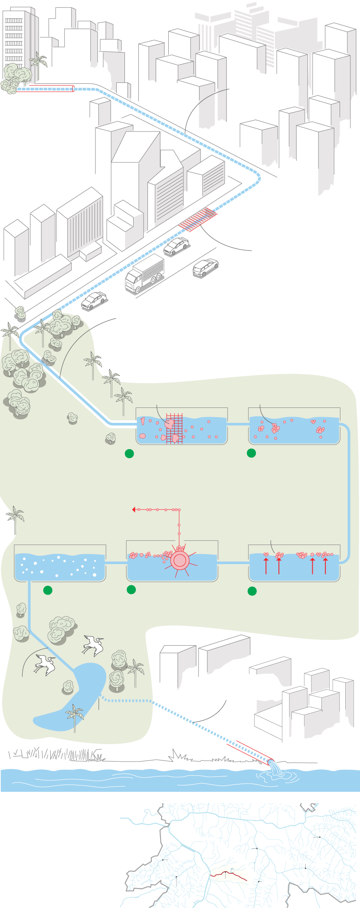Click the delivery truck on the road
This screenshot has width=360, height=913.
point(145,273)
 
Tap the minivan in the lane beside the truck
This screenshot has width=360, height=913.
point(206,267)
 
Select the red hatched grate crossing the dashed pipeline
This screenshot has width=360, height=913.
point(198,219)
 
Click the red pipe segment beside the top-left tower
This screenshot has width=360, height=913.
point(52,88)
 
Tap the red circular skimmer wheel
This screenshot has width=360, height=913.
point(179,561)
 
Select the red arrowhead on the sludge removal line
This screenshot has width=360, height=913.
point(134,509)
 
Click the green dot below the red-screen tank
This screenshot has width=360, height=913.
point(129,454)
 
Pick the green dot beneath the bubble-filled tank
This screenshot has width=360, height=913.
point(48,590)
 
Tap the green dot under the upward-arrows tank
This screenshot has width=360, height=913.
point(252,591)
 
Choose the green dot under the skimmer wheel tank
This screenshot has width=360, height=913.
point(131,589)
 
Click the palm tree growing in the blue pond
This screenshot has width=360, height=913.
point(75,716)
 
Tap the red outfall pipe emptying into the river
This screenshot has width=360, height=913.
point(249,750)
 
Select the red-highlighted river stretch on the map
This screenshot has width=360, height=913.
point(229,874)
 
